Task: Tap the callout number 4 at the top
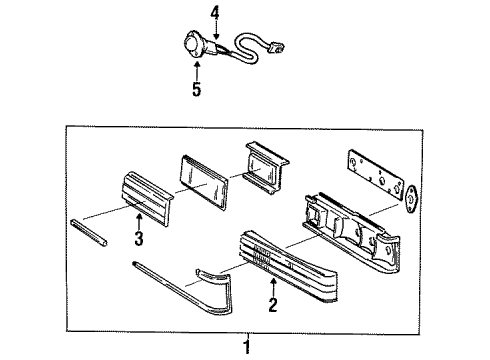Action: pos(214,13)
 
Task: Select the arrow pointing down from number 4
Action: pos(214,30)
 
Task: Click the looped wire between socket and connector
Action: pos(240,44)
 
